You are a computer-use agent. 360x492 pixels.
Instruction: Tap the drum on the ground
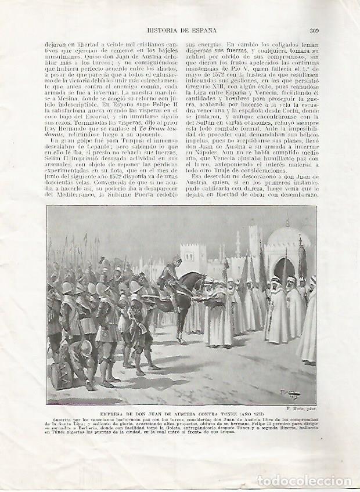pos(63,375)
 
